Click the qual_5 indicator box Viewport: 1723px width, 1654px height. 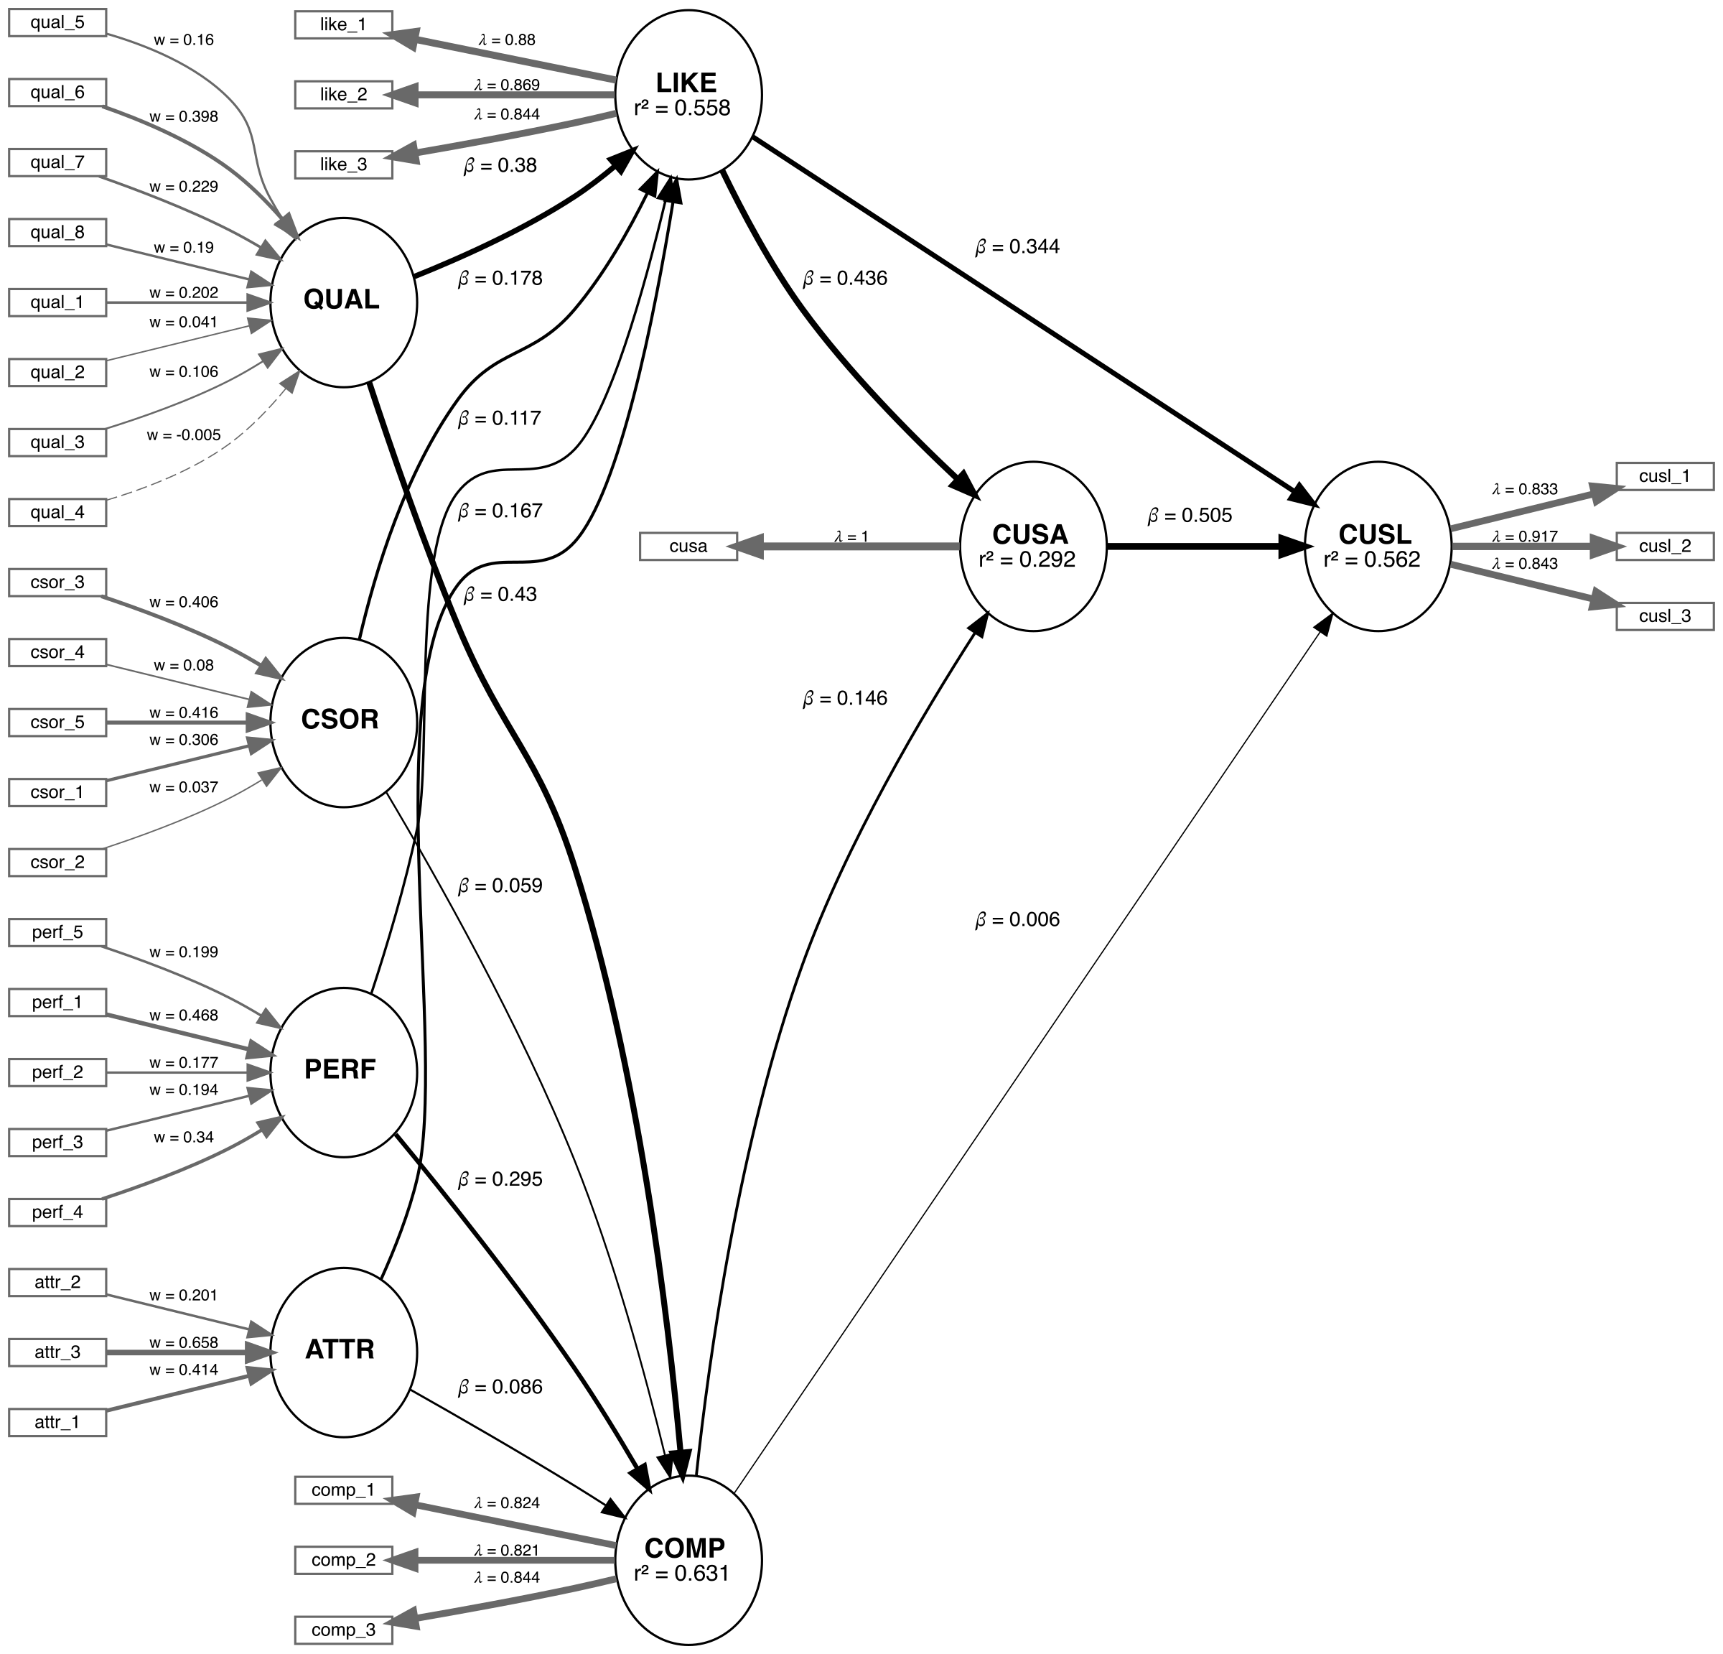click(57, 23)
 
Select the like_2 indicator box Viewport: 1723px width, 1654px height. click(343, 95)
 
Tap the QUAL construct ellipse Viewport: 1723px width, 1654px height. click(343, 302)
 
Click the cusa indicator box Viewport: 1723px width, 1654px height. click(688, 547)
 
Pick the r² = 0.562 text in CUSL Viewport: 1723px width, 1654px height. click(1371, 560)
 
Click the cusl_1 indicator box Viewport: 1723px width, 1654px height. click(1664, 477)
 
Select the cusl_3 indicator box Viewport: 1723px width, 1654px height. click(1664, 616)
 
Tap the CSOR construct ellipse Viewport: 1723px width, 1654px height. click(343, 722)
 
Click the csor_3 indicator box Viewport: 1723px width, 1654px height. click(57, 583)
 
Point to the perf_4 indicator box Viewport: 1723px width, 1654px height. click(57, 1212)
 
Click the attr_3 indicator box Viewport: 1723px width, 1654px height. click(57, 1352)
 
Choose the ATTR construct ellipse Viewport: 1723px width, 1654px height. click(343, 1352)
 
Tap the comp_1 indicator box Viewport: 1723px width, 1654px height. click(343, 1490)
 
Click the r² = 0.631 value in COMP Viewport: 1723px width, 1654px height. click(682, 1573)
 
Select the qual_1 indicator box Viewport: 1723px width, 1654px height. click(57, 303)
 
